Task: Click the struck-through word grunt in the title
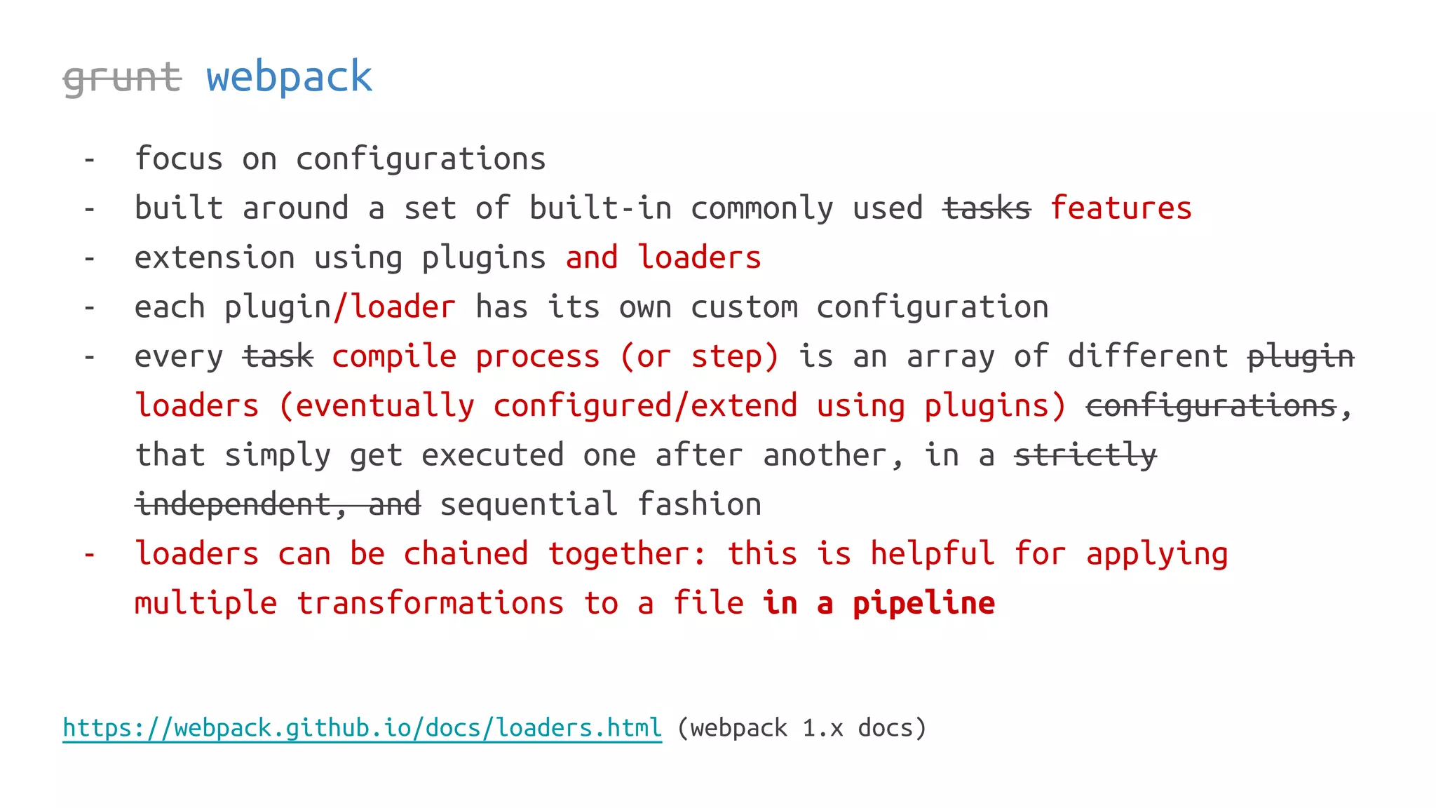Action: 122,77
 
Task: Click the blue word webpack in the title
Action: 289,77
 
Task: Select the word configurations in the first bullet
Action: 421,159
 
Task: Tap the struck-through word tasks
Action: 987,208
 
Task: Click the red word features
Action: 1120,208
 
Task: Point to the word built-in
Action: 600,208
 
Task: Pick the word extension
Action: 214,258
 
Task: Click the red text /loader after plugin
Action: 395,307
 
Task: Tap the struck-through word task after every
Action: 278,356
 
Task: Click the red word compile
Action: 394,356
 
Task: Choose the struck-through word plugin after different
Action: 1301,356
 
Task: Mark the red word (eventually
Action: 377,406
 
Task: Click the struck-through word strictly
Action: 1085,455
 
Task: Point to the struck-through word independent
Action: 232,504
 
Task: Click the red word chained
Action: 466,554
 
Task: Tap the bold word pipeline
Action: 923,603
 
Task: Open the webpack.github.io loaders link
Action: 362,728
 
